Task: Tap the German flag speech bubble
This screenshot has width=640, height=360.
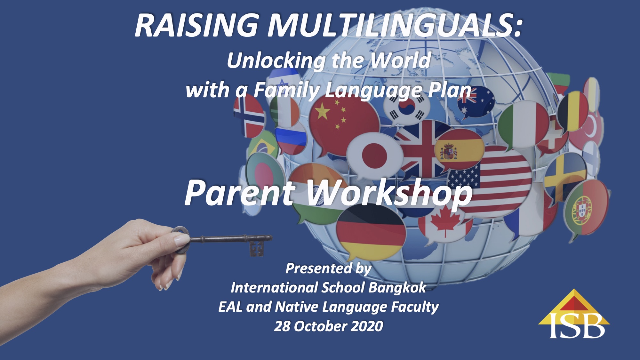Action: [x=371, y=232]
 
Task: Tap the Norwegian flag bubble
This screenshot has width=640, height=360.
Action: [x=249, y=115]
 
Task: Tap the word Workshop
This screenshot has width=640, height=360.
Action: [x=389, y=192]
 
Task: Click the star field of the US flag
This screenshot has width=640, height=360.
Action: [x=464, y=178]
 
